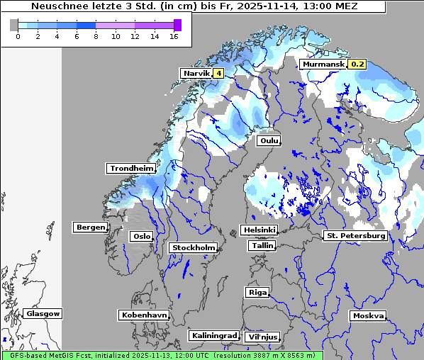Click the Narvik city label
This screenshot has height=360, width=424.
(x=196, y=73)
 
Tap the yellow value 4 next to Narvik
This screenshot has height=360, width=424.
(x=218, y=73)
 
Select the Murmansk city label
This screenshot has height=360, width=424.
(x=323, y=64)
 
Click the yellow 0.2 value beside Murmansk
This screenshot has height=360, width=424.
(x=357, y=64)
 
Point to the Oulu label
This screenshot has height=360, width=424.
(x=269, y=140)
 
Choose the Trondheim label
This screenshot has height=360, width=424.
(x=131, y=168)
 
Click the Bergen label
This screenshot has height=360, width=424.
(x=89, y=227)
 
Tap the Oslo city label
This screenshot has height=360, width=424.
(x=141, y=236)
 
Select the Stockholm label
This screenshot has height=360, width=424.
(x=193, y=247)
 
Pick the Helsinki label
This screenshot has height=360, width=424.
(x=259, y=230)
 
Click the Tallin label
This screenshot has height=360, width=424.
(x=262, y=245)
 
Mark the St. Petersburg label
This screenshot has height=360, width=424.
(x=355, y=235)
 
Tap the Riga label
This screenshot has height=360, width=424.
(x=257, y=292)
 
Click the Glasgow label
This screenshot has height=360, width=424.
(x=43, y=313)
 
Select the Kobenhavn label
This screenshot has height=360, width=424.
(x=144, y=314)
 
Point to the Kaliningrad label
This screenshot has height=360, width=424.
(x=213, y=335)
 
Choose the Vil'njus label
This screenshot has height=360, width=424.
(x=262, y=337)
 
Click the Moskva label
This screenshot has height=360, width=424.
(x=368, y=315)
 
